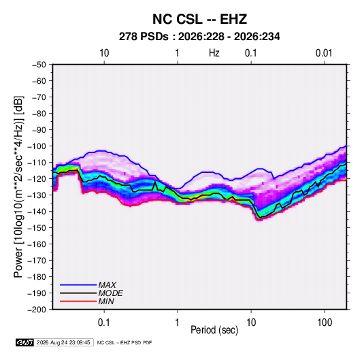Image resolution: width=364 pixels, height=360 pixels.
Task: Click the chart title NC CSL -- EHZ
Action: [x=199, y=19]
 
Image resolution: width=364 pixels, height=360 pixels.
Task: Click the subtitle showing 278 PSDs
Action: [x=199, y=37]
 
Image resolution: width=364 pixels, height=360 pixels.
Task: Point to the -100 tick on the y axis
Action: [x=37, y=146]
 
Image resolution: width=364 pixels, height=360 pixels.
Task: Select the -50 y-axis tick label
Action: [x=39, y=65]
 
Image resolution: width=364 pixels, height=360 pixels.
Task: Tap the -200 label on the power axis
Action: [x=37, y=310]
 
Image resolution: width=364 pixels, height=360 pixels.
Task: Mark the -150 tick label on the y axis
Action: [x=37, y=228]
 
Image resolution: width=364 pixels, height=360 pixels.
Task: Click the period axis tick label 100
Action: [x=325, y=323]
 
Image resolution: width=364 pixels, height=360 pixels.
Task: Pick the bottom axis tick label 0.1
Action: [x=104, y=323]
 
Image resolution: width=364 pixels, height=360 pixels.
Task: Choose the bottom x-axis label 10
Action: [x=251, y=323]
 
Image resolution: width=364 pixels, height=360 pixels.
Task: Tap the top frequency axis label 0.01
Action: [x=324, y=53]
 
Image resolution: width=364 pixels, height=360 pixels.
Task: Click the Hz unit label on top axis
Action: [x=214, y=53]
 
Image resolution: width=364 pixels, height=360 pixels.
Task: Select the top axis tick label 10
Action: [x=104, y=53]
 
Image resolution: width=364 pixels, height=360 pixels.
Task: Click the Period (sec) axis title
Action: [x=214, y=330]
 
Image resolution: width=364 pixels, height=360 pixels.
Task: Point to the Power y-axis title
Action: [x=18, y=186]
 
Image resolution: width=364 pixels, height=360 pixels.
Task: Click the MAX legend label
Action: [x=107, y=285]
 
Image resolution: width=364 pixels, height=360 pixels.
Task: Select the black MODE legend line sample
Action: [x=78, y=293]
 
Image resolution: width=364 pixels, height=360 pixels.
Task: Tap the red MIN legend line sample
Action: [x=78, y=301]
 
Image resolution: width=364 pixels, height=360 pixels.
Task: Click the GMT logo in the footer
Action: [x=25, y=342]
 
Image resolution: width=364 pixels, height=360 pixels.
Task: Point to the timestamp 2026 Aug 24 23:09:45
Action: [x=63, y=342]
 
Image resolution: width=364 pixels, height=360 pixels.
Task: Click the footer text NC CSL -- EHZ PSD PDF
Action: [x=125, y=342]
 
